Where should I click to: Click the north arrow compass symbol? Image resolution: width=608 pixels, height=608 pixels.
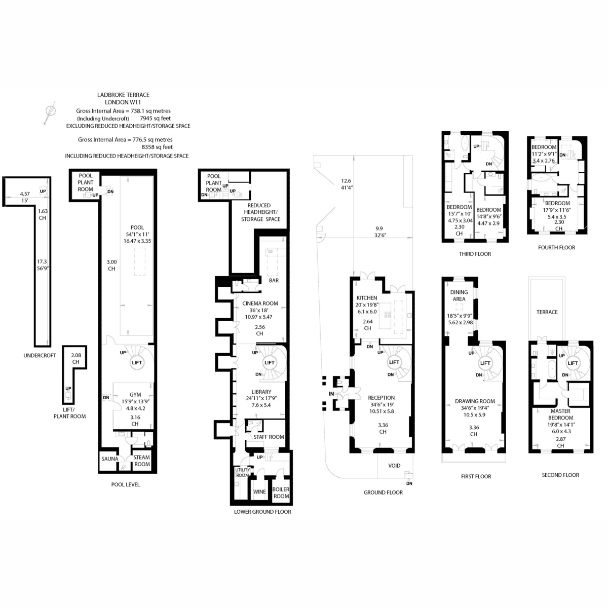click(50, 112)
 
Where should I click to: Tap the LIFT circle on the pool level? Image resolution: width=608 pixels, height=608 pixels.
click(137, 363)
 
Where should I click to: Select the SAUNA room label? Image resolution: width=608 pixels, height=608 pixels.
click(110, 459)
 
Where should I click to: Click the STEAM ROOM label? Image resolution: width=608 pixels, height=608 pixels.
click(142, 461)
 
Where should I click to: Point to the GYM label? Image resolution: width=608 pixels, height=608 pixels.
click(135, 394)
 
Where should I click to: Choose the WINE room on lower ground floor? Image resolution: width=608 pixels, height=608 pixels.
click(259, 491)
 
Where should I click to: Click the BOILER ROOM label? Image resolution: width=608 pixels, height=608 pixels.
click(281, 492)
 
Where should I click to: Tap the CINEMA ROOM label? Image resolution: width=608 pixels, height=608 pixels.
click(260, 303)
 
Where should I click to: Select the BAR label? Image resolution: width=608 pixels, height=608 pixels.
click(274, 280)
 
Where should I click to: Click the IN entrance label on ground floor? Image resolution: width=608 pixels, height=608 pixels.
click(331, 394)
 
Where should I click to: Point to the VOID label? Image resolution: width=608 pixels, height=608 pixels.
click(394, 466)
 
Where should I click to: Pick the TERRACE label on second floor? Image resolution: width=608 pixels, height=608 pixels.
click(547, 312)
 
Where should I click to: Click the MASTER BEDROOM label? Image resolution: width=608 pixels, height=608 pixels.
click(560, 414)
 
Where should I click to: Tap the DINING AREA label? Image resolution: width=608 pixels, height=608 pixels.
click(459, 295)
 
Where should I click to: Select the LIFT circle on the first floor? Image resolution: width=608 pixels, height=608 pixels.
click(485, 363)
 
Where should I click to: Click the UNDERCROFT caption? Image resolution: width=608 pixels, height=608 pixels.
click(40, 355)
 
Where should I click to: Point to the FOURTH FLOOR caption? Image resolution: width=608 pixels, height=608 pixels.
click(556, 247)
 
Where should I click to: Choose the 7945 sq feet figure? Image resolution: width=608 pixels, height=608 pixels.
click(155, 119)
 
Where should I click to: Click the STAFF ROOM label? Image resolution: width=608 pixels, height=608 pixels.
click(269, 437)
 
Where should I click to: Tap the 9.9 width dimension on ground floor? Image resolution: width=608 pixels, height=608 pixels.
click(379, 228)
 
